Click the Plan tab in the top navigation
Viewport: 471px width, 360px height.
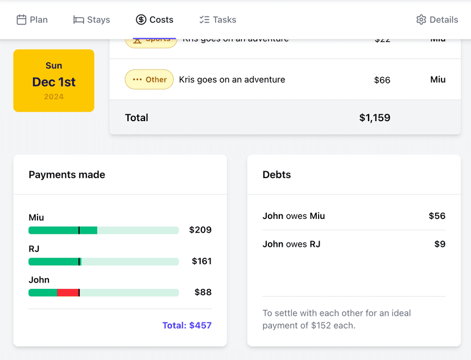click(x=32, y=20)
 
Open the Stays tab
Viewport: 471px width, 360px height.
click(x=92, y=20)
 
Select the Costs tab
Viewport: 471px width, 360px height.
click(x=155, y=20)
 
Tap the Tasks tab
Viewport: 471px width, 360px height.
click(x=218, y=20)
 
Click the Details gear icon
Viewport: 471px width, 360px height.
click(x=421, y=20)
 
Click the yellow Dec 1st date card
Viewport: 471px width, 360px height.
click(x=53, y=81)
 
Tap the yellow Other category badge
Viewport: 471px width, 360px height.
click(x=149, y=80)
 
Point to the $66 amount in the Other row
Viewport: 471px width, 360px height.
click(x=382, y=80)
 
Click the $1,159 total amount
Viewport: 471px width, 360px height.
click(x=374, y=118)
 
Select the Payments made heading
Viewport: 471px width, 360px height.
click(x=67, y=175)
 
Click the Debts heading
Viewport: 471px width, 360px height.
click(x=276, y=175)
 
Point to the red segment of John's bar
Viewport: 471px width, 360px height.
click(x=68, y=292)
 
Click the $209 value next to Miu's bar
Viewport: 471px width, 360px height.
click(x=200, y=230)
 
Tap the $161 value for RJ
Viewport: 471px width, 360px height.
click(x=201, y=261)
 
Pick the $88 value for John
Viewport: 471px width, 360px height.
click(x=203, y=292)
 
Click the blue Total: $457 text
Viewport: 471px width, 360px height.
click(x=187, y=325)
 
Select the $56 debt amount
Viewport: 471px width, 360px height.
click(x=437, y=216)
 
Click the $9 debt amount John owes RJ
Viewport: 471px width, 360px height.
click(x=440, y=245)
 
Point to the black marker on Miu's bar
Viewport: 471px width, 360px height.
click(x=79, y=230)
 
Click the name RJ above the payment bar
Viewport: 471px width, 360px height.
click(x=34, y=249)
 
